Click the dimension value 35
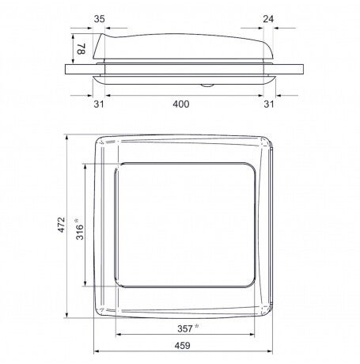pyautogui.click(x=100, y=19)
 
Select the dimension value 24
pyautogui.click(x=268, y=19)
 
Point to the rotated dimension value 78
pyautogui.click(x=81, y=49)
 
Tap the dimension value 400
pyautogui.click(x=181, y=104)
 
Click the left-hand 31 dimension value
pyautogui.click(x=99, y=104)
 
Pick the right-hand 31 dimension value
pyautogui.click(x=269, y=104)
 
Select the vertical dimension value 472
pyautogui.click(x=61, y=225)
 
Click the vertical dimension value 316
pyautogui.click(x=80, y=232)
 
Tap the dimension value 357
pyautogui.click(x=185, y=329)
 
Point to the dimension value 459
pyautogui.click(x=182, y=346)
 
